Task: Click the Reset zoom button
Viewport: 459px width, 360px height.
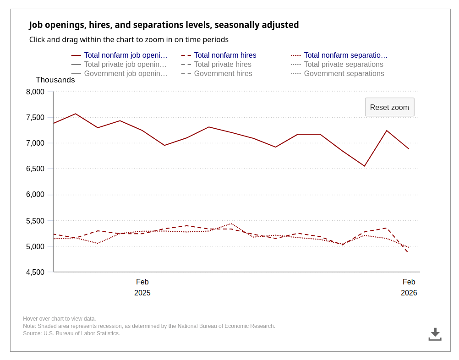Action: coord(389,107)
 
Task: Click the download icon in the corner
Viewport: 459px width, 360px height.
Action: coord(435,334)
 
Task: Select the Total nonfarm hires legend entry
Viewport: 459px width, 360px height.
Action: coord(225,55)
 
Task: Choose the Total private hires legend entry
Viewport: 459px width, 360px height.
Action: coord(223,65)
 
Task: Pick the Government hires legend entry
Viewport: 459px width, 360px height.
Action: coord(223,74)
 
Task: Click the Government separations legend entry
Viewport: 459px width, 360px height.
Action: coord(344,74)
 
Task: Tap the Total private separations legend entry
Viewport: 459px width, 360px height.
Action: coord(343,65)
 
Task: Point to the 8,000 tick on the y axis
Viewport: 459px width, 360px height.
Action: coord(35,92)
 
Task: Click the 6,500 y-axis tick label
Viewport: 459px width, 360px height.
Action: coord(35,169)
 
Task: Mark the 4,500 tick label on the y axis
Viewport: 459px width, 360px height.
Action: coord(35,273)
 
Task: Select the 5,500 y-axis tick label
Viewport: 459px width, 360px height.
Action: coord(35,221)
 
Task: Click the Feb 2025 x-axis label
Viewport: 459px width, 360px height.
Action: coord(142,287)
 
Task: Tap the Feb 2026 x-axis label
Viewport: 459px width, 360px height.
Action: coord(409,287)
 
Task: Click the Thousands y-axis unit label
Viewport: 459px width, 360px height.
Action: coord(55,80)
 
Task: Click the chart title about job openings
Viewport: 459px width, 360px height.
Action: coord(164,25)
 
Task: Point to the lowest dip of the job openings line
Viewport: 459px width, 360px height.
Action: coord(365,166)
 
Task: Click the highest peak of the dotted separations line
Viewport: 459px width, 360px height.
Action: coord(231,224)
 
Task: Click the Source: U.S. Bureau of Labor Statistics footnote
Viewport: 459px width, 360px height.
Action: coord(71,333)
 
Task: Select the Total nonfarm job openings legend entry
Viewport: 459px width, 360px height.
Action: coord(126,55)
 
